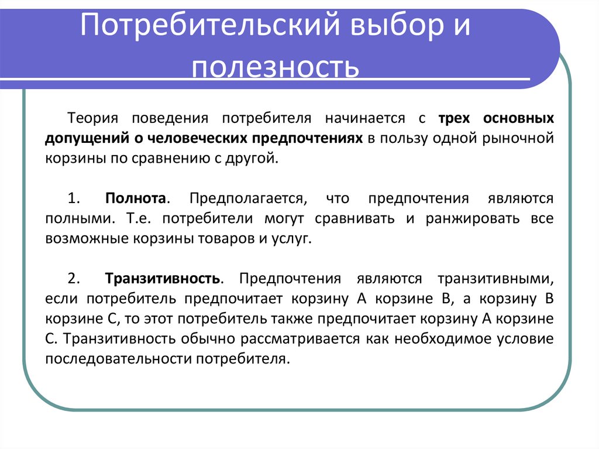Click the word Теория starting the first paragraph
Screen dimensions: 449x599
pyautogui.click(x=93, y=118)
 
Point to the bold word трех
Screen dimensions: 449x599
pyautogui.click(x=453, y=118)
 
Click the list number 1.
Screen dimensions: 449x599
pyautogui.click(x=73, y=198)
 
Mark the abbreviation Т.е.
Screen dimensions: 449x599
pyautogui.click(x=139, y=219)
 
